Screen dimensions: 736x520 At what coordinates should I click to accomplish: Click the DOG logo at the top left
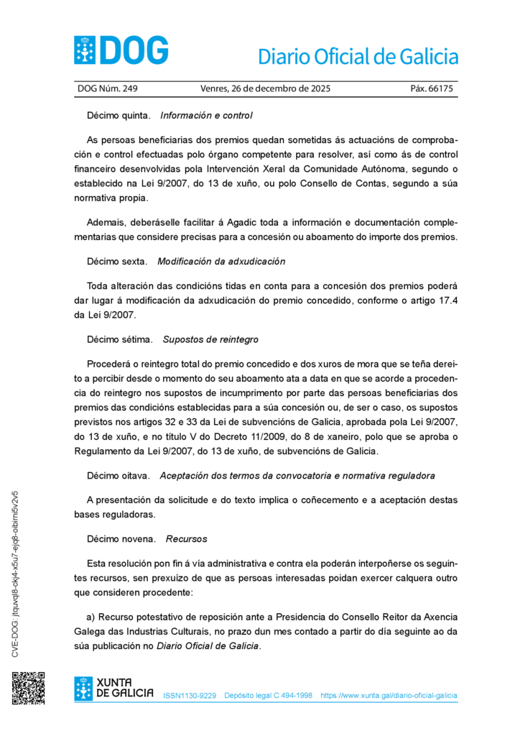point(121,50)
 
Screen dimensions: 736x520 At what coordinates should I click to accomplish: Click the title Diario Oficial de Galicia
point(357,56)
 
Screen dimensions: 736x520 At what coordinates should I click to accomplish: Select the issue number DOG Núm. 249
point(107,89)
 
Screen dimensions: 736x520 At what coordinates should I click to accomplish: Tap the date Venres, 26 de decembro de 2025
point(265,89)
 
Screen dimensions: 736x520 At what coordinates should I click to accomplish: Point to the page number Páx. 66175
point(431,89)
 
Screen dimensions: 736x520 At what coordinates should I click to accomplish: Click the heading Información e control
point(206,115)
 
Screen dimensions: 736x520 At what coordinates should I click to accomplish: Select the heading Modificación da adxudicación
point(221,262)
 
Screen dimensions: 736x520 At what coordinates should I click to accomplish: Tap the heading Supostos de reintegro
point(210,339)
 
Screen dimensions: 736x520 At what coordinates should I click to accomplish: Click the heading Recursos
point(185,538)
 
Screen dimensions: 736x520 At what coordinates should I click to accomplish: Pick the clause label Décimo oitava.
point(119,476)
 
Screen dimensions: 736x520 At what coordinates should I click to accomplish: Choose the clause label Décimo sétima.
point(120,339)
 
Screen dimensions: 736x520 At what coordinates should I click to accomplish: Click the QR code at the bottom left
point(28,688)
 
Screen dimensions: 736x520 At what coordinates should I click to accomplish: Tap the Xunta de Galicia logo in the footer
point(113,688)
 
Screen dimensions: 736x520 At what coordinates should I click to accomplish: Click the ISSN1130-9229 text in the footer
point(190,696)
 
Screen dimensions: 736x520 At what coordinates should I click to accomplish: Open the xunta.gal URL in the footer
point(389,696)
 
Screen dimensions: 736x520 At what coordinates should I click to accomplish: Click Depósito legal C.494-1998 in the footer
point(268,696)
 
